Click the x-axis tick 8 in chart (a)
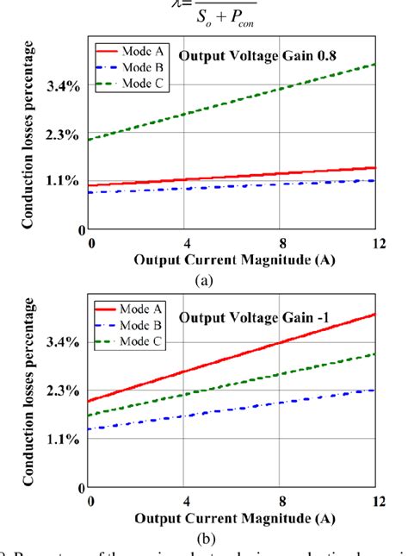coord(281,243)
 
